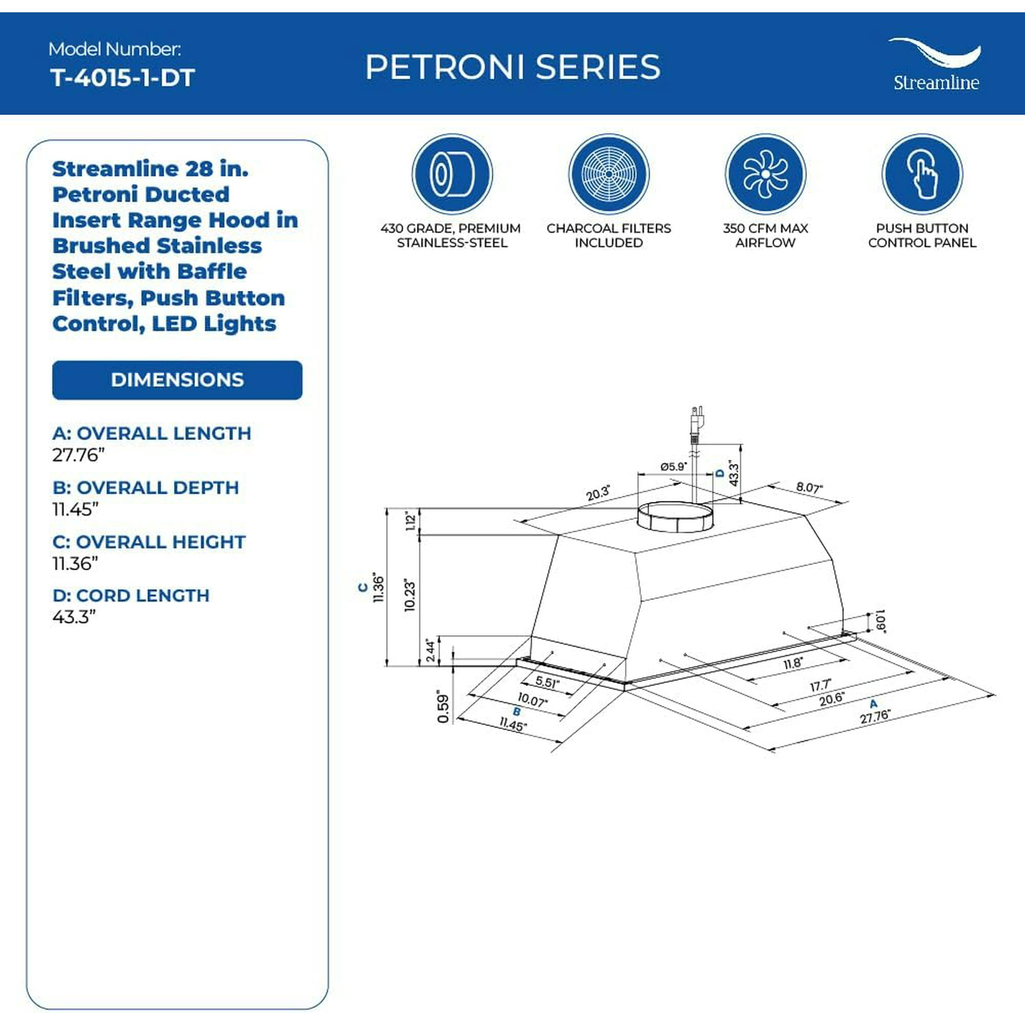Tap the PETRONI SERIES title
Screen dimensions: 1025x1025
[512, 67]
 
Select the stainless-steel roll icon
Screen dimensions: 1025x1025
[452, 174]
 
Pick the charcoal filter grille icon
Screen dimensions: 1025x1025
[608, 174]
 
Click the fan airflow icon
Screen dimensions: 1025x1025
[765, 174]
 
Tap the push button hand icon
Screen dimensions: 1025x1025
[921, 174]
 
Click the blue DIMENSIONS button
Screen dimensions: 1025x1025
[177, 380]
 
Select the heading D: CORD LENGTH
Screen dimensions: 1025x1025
[131, 595]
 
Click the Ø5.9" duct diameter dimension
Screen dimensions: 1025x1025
[673, 466]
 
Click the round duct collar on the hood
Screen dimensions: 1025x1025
[675, 516]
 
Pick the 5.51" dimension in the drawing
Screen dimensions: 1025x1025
[546, 682]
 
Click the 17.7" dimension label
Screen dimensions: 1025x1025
[819, 685]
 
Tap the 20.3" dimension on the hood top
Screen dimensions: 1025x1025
[598, 493]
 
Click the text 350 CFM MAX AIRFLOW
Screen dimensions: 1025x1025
[765, 236]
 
